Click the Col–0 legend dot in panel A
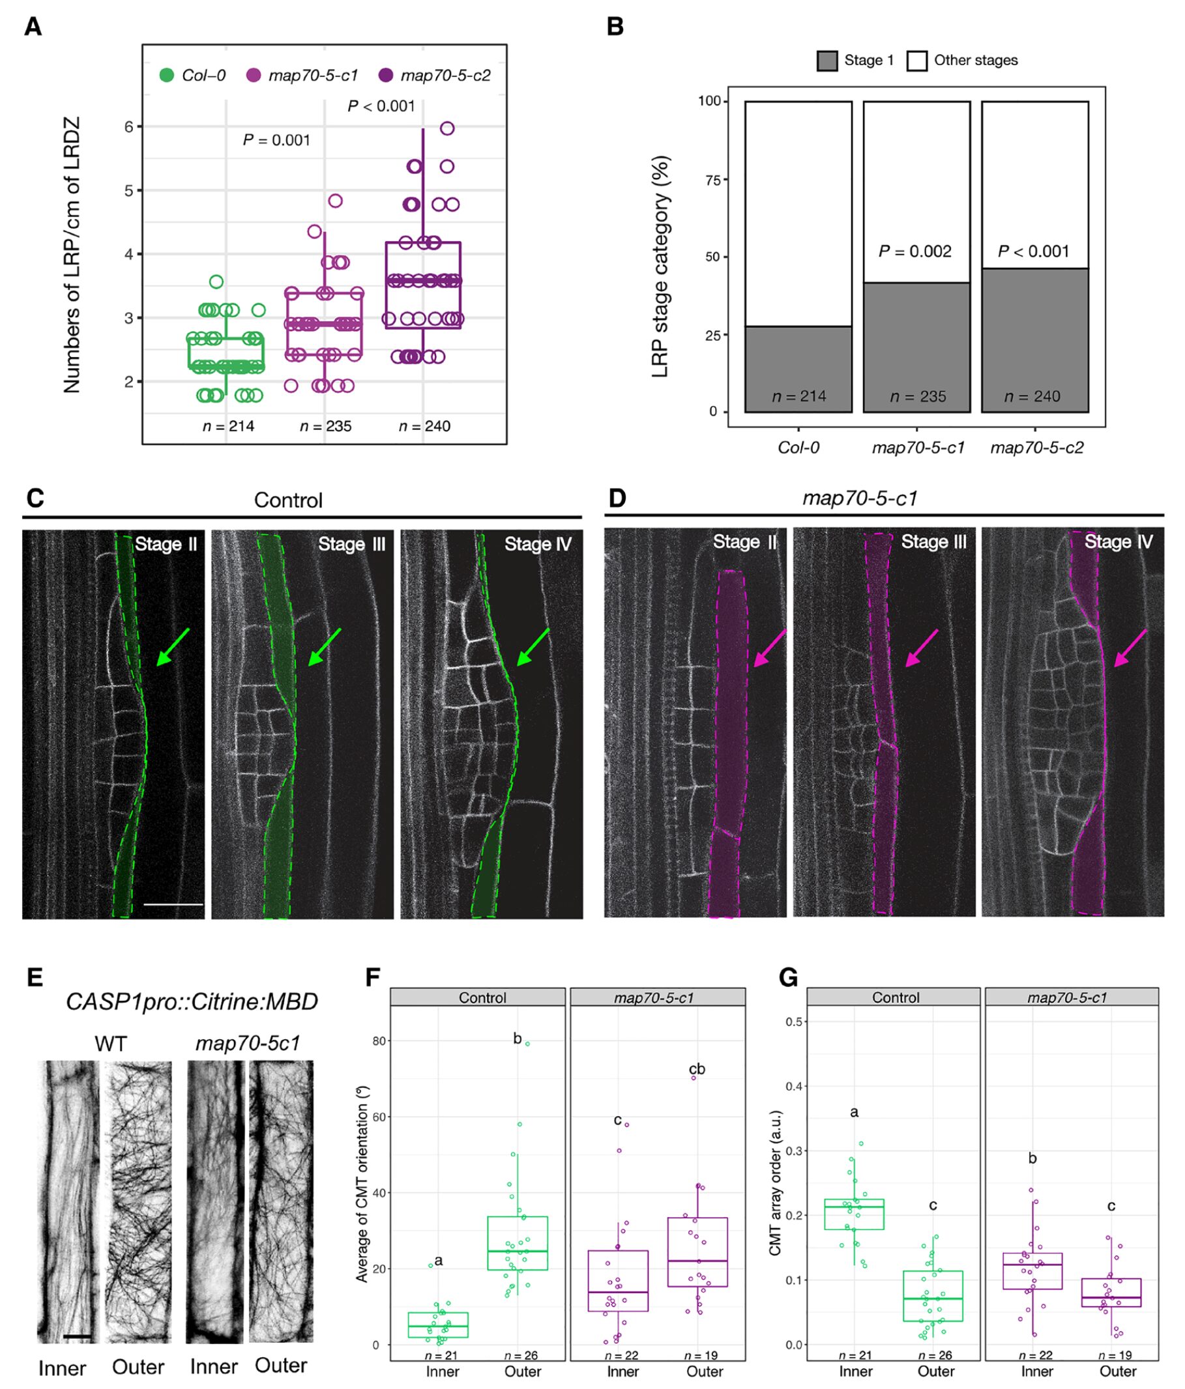tap(166, 75)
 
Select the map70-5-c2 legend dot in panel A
tap(386, 75)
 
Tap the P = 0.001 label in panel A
tap(276, 140)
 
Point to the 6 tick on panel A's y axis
tap(129, 126)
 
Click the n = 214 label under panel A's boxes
tap(228, 425)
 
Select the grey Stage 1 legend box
tap(827, 61)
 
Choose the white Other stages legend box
tap(916, 61)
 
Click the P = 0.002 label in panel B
tap(914, 251)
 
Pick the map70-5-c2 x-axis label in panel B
tap(1037, 447)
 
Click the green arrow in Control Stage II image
tap(173, 647)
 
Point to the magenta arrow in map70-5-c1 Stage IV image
tap(1131, 648)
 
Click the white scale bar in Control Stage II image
tap(173, 904)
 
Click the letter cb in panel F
tap(697, 1068)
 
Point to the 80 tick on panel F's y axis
tap(379, 1041)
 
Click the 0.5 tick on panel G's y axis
tap(795, 1022)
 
